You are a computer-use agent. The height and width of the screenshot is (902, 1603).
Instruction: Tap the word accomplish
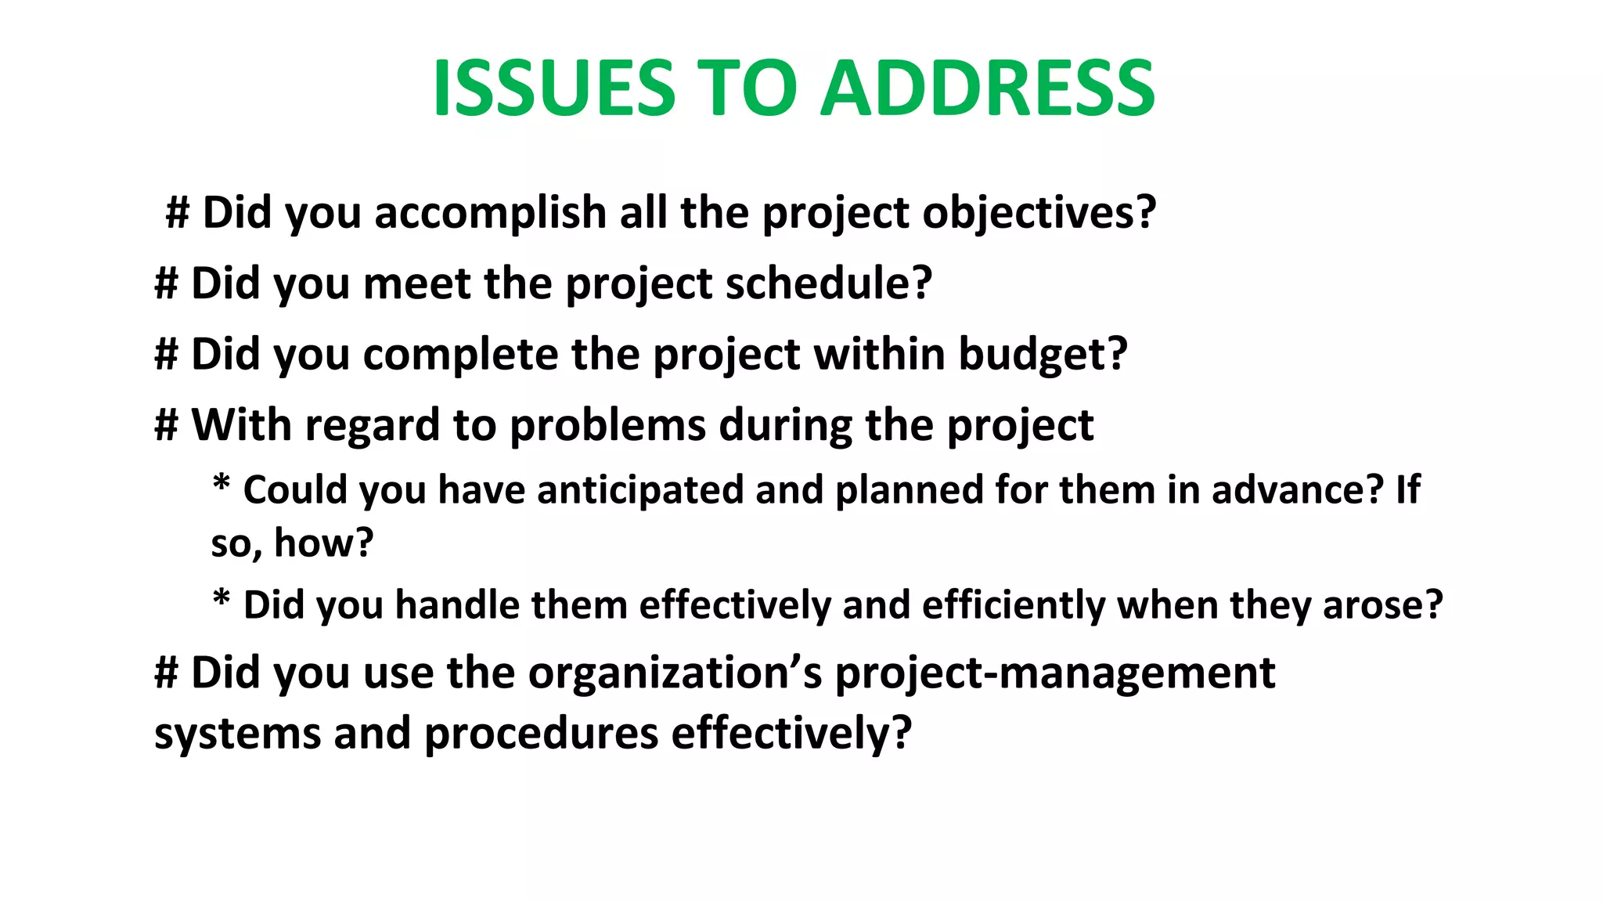pyautogui.click(x=491, y=213)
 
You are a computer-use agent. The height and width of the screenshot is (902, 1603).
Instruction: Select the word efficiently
pyautogui.click(x=1013, y=605)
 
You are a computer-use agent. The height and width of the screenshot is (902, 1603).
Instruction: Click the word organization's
pyautogui.click(x=675, y=673)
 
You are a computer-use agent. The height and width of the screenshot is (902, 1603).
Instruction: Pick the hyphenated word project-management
pyautogui.click(x=1055, y=673)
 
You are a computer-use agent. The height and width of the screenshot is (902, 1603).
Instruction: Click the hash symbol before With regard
pyautogui.click(x=167, y=425)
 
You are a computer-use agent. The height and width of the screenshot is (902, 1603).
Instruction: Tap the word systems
pyautogui.click(x=237, y=734)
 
